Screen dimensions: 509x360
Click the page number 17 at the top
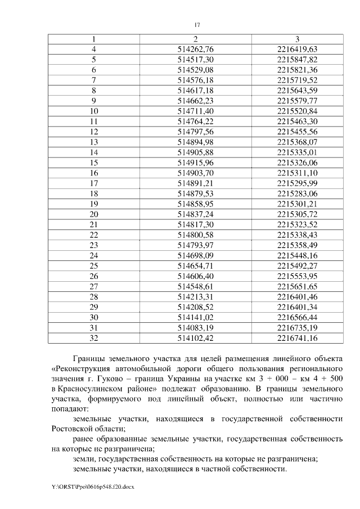pyautogui.click(x=197, y=25)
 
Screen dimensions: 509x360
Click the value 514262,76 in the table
pyautogui.click(x=195, y=49)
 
